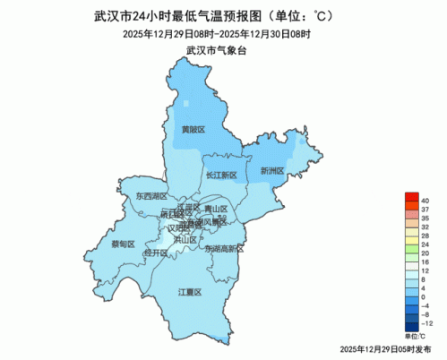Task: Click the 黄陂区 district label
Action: [193, 130]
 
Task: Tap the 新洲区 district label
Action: [271, 170]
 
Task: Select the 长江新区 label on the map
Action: [220, 175]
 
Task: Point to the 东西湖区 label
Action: [151, 194]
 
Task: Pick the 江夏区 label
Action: [190, 292]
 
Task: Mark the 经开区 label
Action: [156, 253]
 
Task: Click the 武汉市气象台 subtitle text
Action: [215, 50]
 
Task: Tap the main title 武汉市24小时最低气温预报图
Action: [215, 16]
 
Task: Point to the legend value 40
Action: [425, 198]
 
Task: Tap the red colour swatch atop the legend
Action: [410, 198]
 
